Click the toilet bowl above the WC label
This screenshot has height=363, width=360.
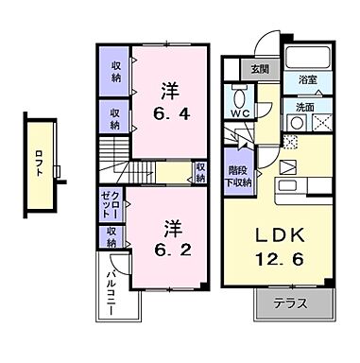click(x=239, y=97)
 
